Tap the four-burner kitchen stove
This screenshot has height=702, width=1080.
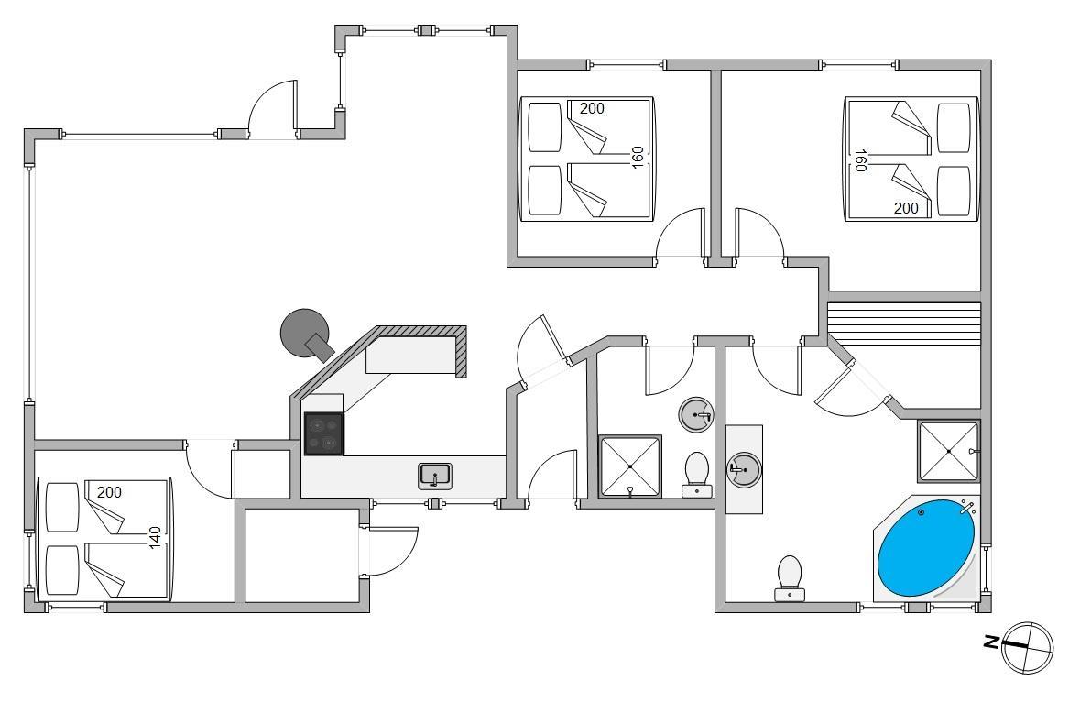click(323, 433)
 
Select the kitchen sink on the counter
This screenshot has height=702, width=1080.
click(435, 476)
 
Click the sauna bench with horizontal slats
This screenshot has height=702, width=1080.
click(903, 323)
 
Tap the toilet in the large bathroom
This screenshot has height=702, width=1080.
click(789, 576)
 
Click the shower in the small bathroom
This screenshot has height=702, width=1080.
click(630, 466)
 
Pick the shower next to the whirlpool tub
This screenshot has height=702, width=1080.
click(949, 451)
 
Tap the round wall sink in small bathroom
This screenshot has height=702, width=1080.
click(697, 415)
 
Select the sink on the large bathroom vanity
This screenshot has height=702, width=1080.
click(744, 470)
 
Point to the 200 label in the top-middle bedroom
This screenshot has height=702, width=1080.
click(592, 108)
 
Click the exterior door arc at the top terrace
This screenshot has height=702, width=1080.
click(273, 108)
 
